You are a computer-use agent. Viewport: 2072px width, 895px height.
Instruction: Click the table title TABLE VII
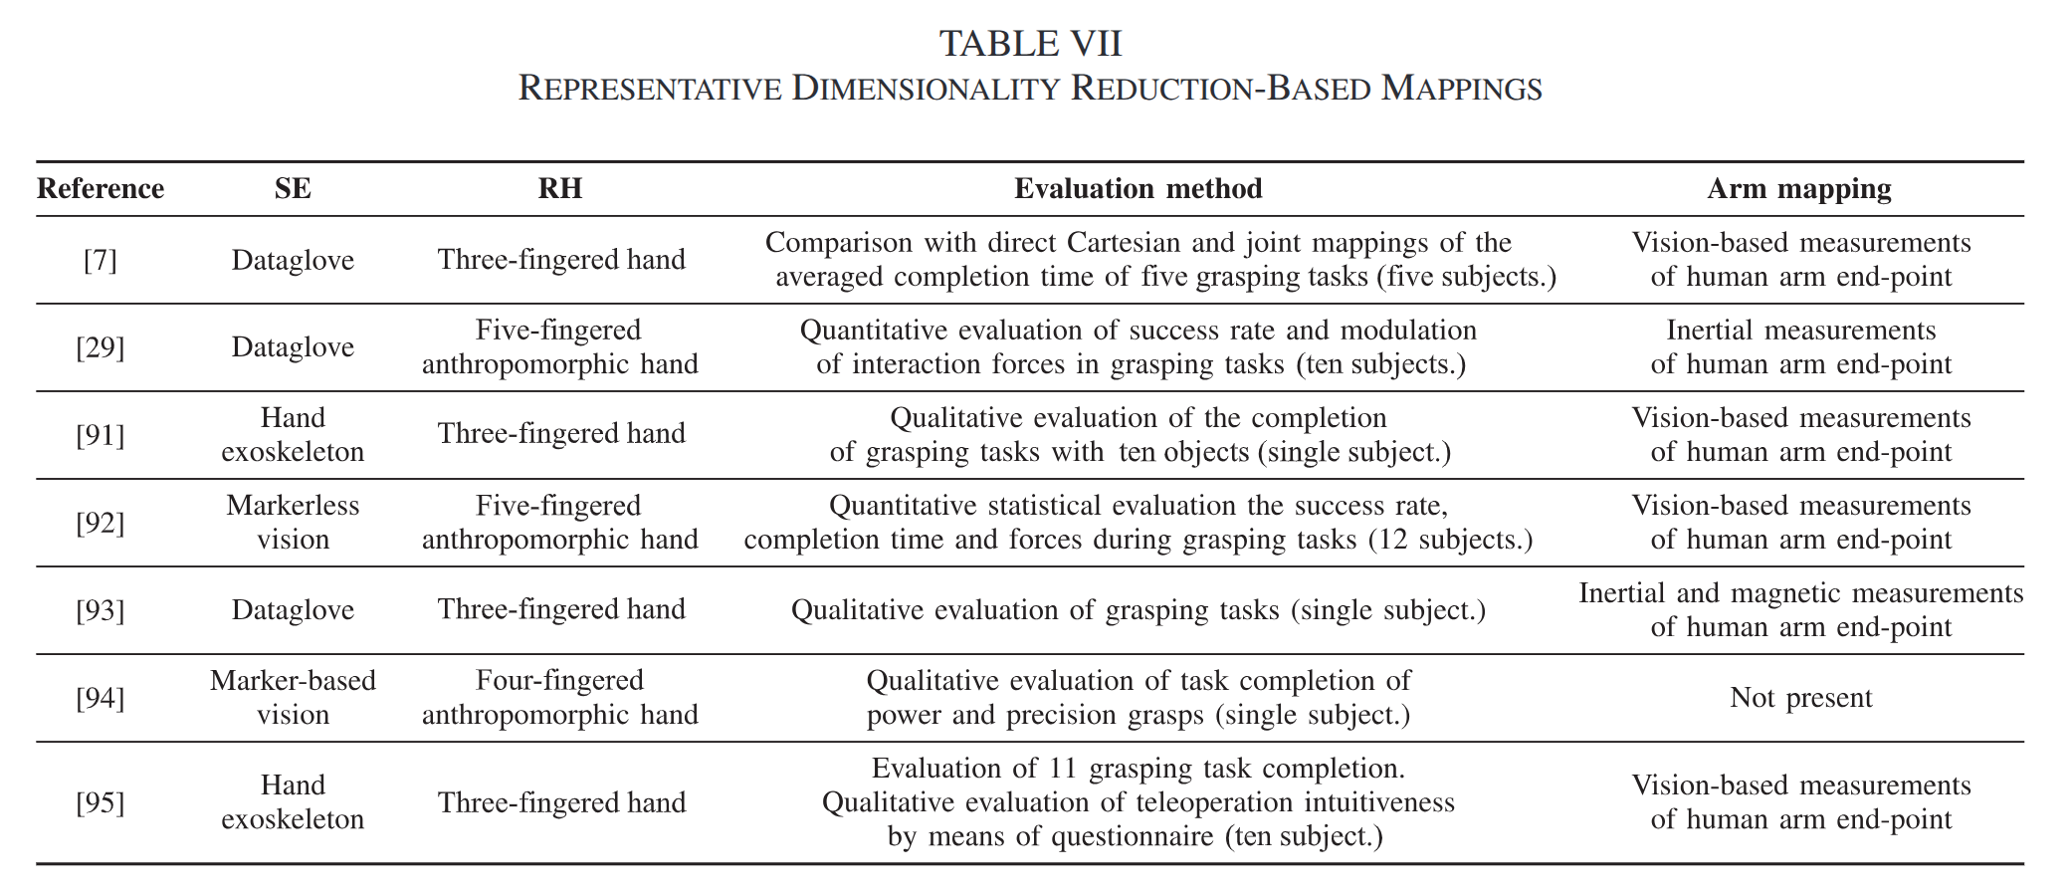1030,44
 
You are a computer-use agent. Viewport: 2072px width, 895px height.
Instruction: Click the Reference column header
101,188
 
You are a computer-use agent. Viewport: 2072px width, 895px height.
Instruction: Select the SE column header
293,188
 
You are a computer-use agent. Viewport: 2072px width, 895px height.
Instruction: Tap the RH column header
560,188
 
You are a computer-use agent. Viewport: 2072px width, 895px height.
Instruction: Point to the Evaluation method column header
1139,188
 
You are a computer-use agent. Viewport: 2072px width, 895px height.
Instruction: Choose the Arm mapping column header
1799,188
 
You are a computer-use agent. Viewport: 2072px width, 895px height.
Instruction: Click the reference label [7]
101,260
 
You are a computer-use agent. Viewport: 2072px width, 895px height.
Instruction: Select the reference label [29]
101,347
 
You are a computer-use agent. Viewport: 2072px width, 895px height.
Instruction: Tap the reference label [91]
101,435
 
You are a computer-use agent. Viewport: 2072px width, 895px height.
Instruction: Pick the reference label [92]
101,523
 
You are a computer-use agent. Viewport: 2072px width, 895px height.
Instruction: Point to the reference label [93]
101,610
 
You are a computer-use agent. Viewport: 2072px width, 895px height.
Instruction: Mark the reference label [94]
101,698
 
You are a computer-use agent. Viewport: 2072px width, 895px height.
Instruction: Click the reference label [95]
101,802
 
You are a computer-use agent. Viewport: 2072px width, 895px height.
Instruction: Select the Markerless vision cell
293,522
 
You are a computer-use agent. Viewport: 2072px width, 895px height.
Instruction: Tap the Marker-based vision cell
293,697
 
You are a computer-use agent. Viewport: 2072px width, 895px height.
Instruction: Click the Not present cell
1800,697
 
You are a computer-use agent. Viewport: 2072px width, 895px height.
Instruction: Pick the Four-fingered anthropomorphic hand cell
560,697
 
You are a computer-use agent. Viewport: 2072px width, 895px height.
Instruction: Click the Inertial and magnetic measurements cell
1800,609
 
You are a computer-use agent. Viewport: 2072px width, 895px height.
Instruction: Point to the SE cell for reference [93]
293,609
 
